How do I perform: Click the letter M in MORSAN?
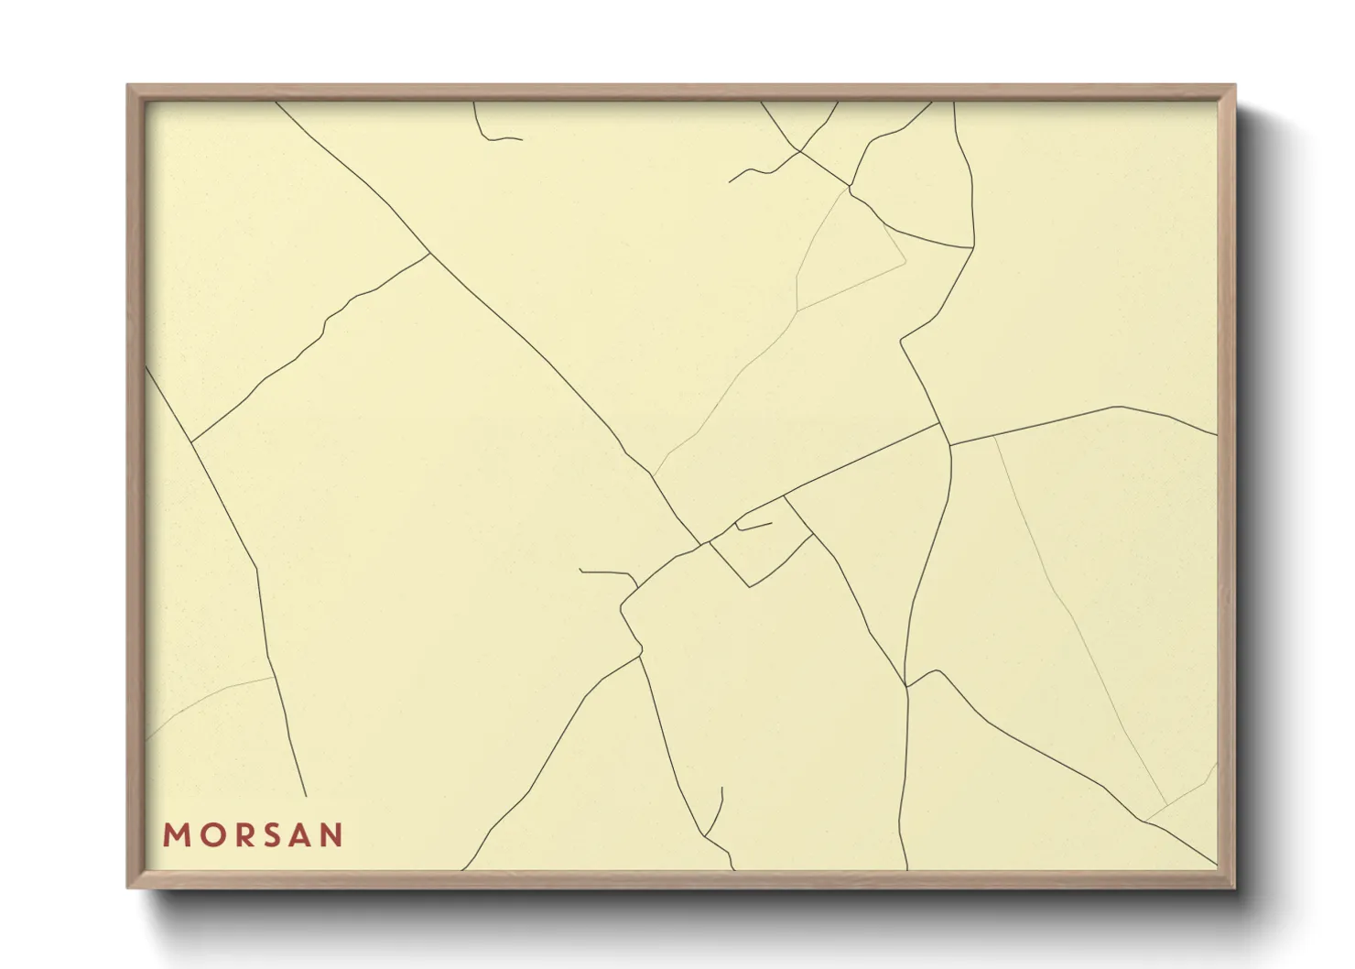coord(175,835)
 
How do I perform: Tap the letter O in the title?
coord(208,835)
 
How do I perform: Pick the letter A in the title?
coord(298,835)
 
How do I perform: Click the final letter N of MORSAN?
coord(331,835)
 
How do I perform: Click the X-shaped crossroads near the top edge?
coord(800,151)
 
